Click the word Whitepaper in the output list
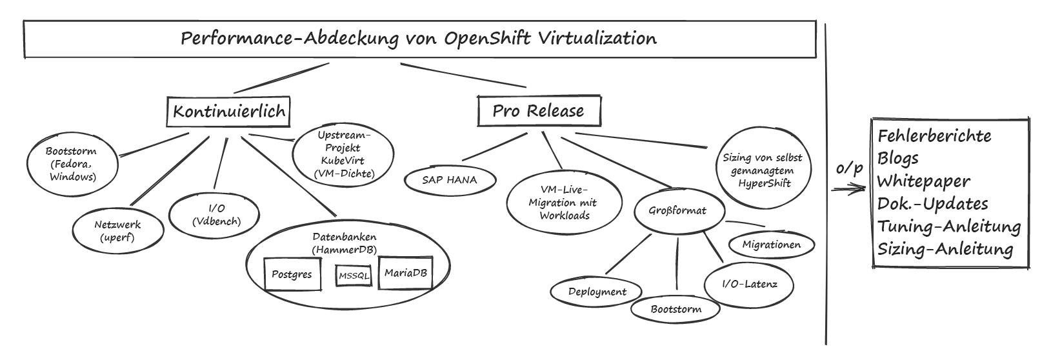923,182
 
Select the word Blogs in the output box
897,159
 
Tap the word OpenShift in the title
487,39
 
